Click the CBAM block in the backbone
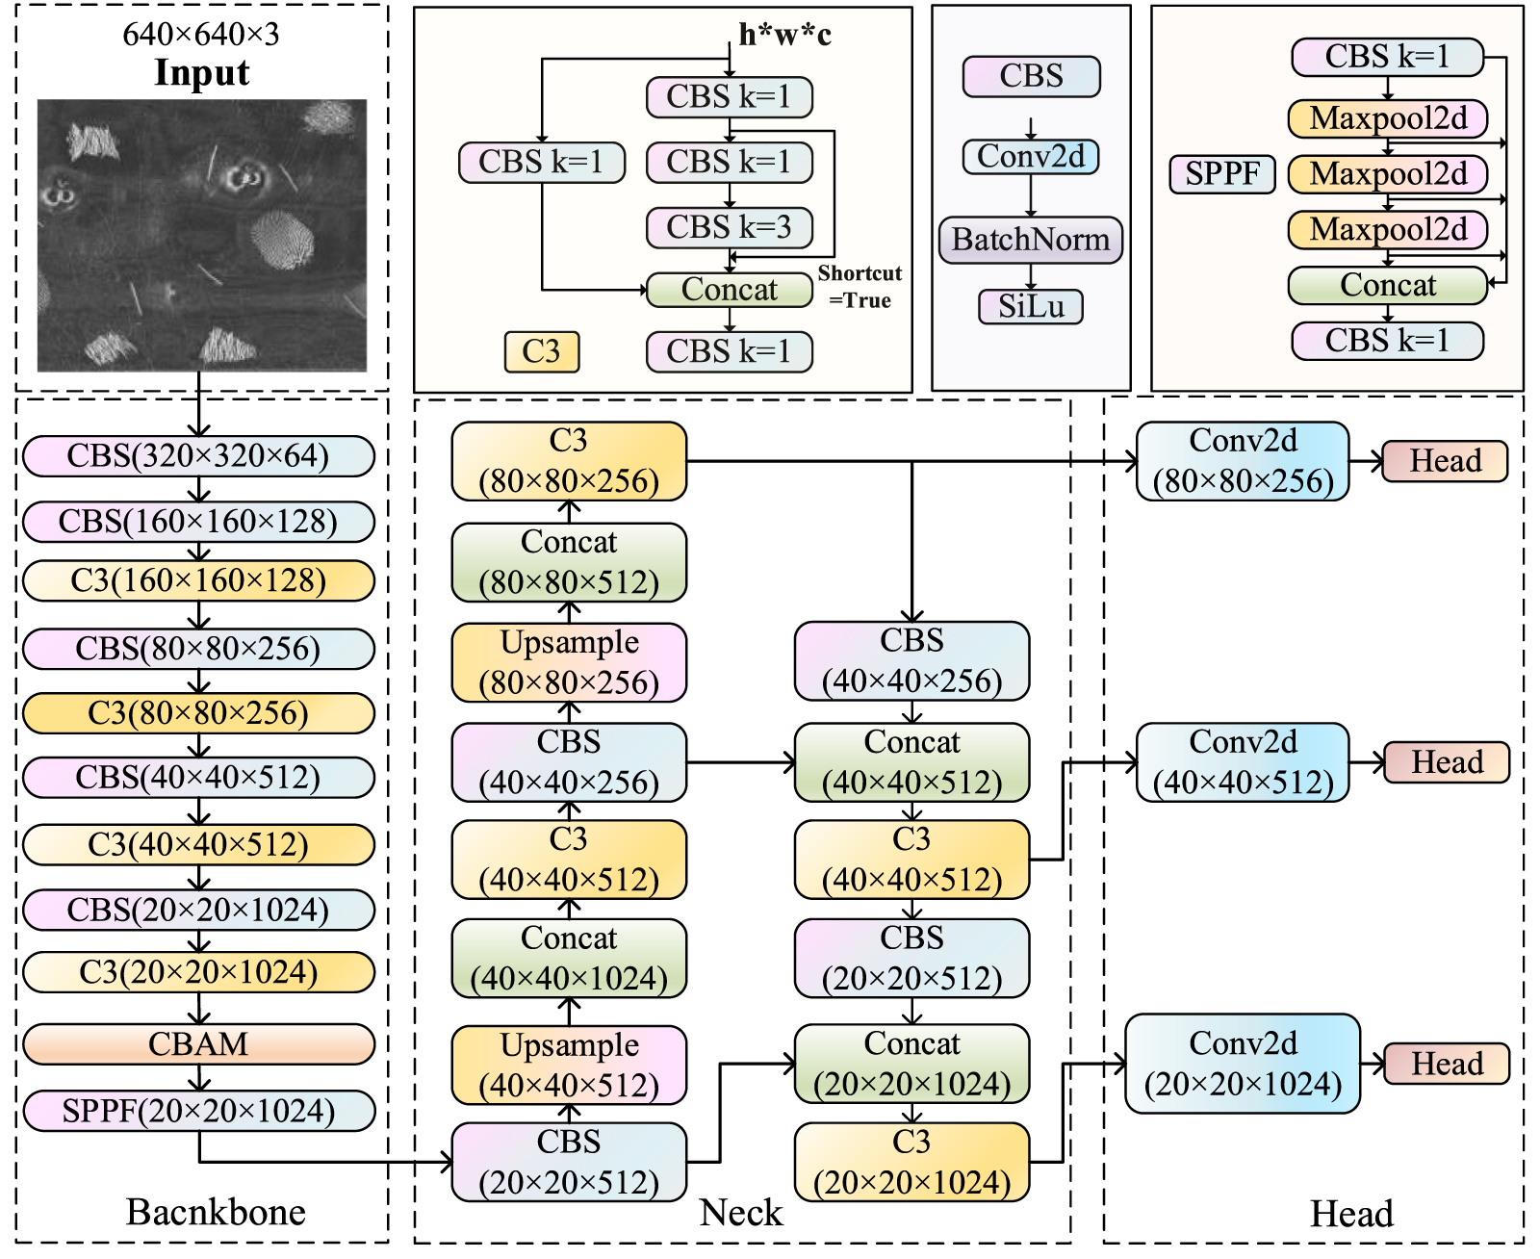click(198, 1044)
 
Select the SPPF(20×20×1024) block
click(198, 1111)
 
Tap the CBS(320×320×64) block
click(198, 456)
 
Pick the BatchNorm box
click(1031, 239)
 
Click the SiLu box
click(1031, 306)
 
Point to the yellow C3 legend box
click(542, 351)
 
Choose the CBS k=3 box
click(729, 227)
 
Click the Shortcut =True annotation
click(860, 287)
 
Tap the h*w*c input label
click(784, 36)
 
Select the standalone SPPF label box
click(1222, 174)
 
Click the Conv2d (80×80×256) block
click(1243, 461)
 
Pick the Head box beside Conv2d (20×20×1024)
click(1447, 1064)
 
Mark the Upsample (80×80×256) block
click(569, 662)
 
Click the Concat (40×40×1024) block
click(569, 959)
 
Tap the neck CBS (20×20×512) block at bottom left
click(569, 1162)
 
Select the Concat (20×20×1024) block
click(911, 1064)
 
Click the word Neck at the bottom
click(741, 1213)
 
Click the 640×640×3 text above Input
click(201, 35)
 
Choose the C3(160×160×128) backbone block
click(198, 581)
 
